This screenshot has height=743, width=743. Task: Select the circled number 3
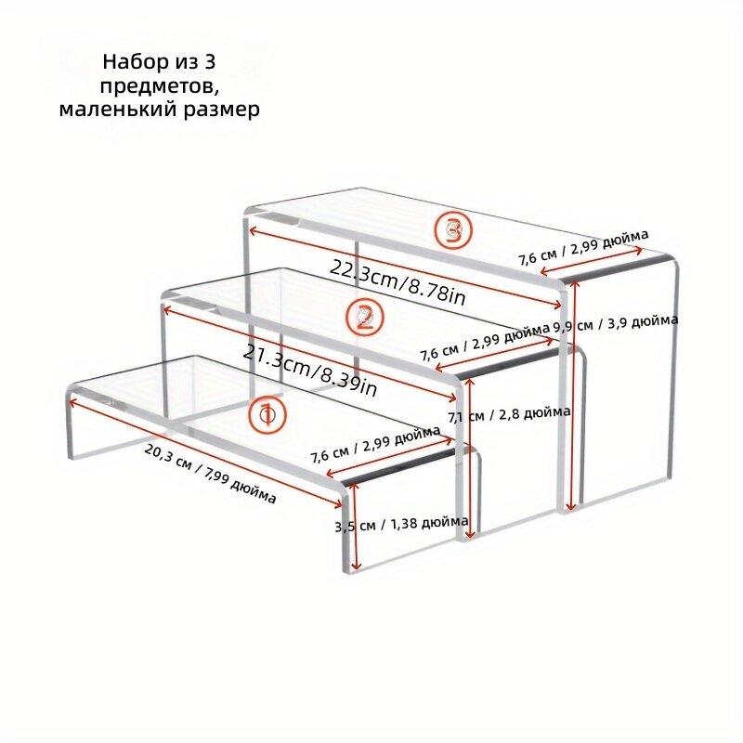(453, 229)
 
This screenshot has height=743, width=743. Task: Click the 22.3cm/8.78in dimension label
(398, 282)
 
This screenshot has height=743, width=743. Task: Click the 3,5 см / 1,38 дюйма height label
(402, 524)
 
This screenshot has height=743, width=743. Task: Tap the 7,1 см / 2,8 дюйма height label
(509, 414)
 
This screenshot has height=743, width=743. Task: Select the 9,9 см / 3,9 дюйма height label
(615, 323)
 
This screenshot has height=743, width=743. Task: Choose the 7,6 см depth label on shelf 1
(375, 444)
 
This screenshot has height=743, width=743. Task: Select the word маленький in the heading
(118, 110)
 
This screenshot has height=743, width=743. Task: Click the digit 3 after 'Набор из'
(210, 62)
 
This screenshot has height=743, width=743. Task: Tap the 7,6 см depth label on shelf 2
(484, 343)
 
